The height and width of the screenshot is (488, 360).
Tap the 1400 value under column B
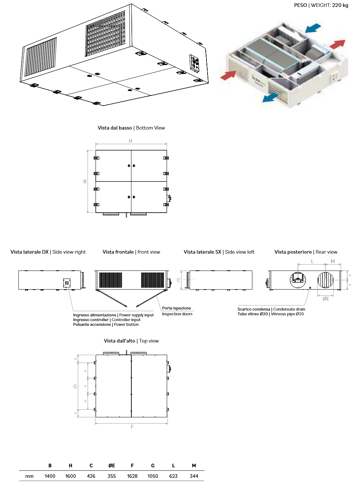click(x=50, y=476)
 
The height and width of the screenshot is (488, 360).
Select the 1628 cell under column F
click(x=132, y=476)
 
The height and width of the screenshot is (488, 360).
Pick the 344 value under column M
click(x=194, y=476)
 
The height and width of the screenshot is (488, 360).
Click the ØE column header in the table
click(x=112, y=466)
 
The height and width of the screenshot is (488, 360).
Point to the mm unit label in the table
click(x=29, y=476)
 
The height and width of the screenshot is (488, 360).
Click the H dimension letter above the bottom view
click(x=131, y=141)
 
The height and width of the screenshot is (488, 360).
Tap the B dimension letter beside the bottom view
click(x=85, y=181)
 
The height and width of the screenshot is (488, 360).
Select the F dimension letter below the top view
click(x=132, y=427)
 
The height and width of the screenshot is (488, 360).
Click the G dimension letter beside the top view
click(x=75, y=386)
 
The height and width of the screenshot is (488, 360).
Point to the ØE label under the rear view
click(x=326, y=299)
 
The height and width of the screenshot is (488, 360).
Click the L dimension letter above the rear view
click(x=312, y=261)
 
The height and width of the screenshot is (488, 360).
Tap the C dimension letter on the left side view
click(x=178, y=280)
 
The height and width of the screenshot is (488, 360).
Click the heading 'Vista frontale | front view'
click(x=131, y=252)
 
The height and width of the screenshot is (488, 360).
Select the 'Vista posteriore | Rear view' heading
click(x=306, y=252)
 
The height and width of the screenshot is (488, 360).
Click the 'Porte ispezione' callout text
click(x=176, y=308)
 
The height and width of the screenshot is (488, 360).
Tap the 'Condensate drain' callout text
click(x=289, y=309)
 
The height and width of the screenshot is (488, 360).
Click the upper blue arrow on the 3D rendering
click(x=314, y=28)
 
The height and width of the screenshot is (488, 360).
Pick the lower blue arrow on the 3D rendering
click(x=270, y=97)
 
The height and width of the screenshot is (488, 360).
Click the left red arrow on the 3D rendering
click(x=228, y=75)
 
